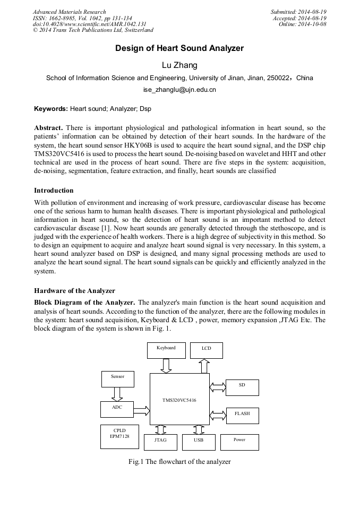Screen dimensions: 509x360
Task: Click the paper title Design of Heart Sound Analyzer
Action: (x=179, y=48)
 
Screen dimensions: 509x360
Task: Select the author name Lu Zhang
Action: (x=179, y=65)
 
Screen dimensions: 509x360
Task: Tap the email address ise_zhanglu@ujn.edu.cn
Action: (x=179, y=90)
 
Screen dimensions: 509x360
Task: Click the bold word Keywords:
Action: (x=51, y=109)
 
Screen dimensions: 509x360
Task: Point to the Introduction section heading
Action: (x=54, y=191)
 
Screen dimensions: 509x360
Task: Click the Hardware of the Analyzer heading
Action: (x=74, y=291)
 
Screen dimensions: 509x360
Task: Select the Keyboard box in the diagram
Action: (x=166, y=350)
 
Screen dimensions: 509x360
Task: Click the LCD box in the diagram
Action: (x=206, y=350)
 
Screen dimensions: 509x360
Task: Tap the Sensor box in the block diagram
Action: (x=117, y=378)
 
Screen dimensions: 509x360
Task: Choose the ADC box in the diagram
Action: (x=117, y=409)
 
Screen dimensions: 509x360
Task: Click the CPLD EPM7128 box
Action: (x=119, y=436)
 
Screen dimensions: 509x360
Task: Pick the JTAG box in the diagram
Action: (x=160, y=442)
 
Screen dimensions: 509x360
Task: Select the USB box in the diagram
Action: (x=199, y=442)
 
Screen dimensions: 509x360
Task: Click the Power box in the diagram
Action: (x=239, y=442)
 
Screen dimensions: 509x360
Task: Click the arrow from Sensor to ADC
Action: (x=117, y=394)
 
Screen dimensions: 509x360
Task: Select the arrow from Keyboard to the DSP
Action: (x=166, y=366)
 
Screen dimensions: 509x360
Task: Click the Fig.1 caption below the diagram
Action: (x=179, y=462)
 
